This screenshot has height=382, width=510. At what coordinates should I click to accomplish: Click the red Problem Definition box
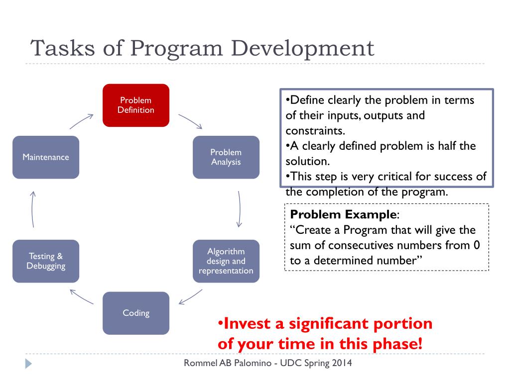pos(136,105)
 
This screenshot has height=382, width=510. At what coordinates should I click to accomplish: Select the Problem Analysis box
pos(226,157)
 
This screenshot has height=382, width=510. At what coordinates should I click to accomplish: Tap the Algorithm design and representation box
pos(226,261)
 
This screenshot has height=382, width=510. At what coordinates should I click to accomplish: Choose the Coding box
pos(136,313)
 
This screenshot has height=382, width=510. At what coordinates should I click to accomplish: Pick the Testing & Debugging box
pos(46,261)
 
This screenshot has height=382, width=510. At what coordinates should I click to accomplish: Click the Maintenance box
pos(46,157)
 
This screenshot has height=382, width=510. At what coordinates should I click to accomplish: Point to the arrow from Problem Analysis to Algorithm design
pos(240,209)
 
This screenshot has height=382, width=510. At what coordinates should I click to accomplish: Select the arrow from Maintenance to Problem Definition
pos(82,121)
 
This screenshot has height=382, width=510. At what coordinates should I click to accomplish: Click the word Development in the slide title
pos(302,49)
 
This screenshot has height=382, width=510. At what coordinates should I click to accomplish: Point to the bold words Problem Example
pos(343,214)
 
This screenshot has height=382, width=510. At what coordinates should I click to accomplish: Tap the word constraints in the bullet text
pos(315,131)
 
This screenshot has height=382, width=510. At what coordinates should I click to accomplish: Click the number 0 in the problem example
pos(477,245)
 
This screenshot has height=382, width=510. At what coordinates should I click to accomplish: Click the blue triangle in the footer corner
pos(28,364)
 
